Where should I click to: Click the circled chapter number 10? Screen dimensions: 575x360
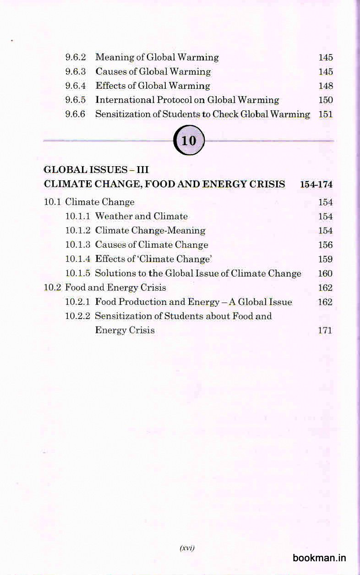[x=189, y=141]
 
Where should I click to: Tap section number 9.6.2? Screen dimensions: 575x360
[x=76, y=58]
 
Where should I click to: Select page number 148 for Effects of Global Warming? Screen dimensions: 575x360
[x=326, y=86]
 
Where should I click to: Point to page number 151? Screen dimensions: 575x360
[x=326, y=114]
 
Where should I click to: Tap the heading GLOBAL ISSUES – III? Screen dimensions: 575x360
[x=96, y=170]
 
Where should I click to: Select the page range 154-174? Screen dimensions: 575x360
[x=316, y=184]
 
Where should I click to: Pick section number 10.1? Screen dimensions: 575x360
[x=53, y=202]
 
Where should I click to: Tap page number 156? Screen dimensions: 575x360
[x=326, y=245]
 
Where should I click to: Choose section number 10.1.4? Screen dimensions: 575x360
[x=78, y=259]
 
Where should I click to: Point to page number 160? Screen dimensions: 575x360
[x=325, y=274]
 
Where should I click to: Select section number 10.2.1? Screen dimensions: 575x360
[x=78, y=302]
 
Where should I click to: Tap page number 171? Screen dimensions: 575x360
[x=325, y=331]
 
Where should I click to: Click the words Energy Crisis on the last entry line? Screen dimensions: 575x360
[x=125, y=331]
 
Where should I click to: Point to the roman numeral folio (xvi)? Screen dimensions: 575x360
[x=187, y=548]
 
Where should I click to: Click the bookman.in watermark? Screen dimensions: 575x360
[x=319, y=558]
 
